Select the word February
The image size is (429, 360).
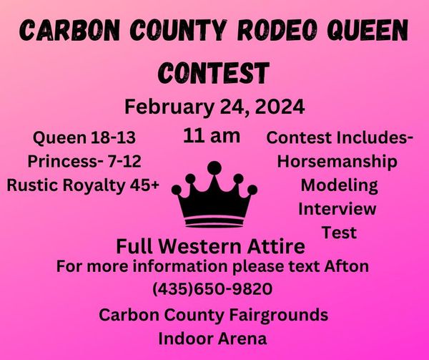(169, 108)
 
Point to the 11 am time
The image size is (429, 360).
(212, 135)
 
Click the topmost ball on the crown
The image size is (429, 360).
(214, 167)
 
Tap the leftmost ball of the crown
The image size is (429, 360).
(177, 190)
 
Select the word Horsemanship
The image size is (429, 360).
(337, 162)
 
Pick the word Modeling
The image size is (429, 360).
(339, 186)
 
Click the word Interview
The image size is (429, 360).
(337, 209)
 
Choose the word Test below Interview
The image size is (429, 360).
(339, 233)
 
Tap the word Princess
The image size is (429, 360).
(63, 161)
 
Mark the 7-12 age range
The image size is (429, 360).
(124, 161)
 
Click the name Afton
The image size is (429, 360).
(346, 266)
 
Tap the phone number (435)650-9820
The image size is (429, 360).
(212, 289)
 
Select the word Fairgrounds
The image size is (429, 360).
(279, 316)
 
